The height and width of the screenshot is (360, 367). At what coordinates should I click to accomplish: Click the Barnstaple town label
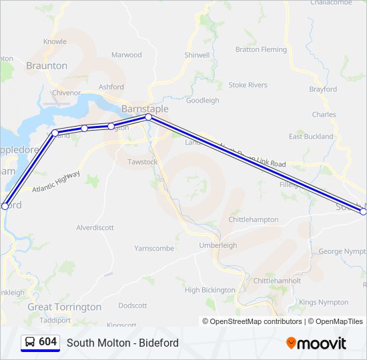tap(145, 109)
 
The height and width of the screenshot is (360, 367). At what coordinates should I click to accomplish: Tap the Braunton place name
tap(47, 65)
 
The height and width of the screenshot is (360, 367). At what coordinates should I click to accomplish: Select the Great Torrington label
tap(65, 307)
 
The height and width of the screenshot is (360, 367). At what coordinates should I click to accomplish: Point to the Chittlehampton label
tap(253, 219)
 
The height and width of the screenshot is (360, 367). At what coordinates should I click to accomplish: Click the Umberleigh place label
tap(218, 245)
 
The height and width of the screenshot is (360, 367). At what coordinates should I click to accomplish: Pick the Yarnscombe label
tap(154, 248)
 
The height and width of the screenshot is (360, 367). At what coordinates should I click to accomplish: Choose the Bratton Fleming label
tap(261, 49)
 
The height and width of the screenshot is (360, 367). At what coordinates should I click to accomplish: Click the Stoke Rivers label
tap(248, 85)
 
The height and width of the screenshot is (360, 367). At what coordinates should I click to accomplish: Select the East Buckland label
tap(310, 136)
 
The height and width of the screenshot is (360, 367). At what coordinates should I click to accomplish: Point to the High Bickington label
tap(210, 289)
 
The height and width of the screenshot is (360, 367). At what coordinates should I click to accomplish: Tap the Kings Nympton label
tap(324, 302)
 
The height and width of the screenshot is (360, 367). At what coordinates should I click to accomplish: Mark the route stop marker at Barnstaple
tap(148, 117)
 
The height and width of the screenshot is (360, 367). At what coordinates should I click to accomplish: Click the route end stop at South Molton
tap(364, 211)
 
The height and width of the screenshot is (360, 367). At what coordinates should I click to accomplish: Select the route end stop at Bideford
tap(5, 207)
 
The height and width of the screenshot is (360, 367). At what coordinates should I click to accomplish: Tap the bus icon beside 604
tap(30, 342)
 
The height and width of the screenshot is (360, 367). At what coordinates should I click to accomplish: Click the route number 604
tap(47, 342)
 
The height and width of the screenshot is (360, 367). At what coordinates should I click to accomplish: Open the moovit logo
tap(316, 343)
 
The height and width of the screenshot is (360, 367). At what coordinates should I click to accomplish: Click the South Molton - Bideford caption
tap(123, 343)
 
